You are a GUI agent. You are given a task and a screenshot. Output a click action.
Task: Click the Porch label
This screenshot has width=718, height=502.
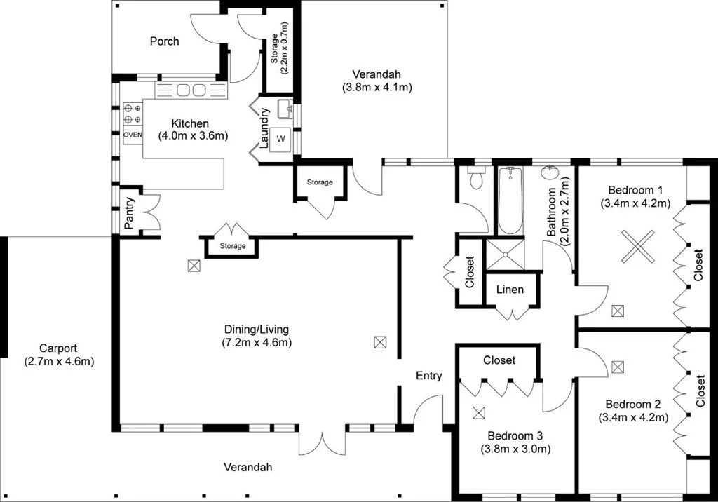[164, 41]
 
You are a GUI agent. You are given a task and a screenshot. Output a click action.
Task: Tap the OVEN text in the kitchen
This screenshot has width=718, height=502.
[133, 135]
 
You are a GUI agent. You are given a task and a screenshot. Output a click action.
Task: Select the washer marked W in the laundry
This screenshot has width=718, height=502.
[281, 139]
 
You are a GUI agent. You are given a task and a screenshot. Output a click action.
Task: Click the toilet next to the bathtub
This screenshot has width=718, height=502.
[476, 179]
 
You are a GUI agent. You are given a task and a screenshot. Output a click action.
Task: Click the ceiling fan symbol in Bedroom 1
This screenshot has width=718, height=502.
[638, 247]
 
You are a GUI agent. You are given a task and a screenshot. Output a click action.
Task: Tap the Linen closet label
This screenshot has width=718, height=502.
[510, 290]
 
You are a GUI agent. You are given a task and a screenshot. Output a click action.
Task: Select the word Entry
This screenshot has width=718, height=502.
[428, 376]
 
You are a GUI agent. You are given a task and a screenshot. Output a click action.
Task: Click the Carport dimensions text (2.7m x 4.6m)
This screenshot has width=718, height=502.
[58, 362]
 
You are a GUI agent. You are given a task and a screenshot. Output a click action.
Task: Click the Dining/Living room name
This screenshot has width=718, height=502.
[256, 329]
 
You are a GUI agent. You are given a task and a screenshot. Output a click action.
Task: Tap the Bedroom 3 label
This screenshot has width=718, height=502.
[515, 435]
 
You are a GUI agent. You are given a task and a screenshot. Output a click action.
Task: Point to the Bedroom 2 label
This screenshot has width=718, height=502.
[633, 404]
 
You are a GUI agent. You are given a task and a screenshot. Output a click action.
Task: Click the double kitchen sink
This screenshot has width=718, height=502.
[191, 90]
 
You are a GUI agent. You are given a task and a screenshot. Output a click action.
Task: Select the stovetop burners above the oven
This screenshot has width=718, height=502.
[133, 114]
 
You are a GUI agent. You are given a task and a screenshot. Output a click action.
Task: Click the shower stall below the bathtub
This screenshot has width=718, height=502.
[506, 255]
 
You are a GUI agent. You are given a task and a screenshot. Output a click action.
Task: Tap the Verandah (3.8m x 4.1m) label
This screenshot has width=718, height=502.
[377, 81]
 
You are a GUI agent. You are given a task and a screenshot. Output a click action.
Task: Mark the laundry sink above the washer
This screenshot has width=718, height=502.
[285, 109]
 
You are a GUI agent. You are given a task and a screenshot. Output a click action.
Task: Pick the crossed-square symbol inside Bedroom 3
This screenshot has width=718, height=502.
[479, 413]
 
